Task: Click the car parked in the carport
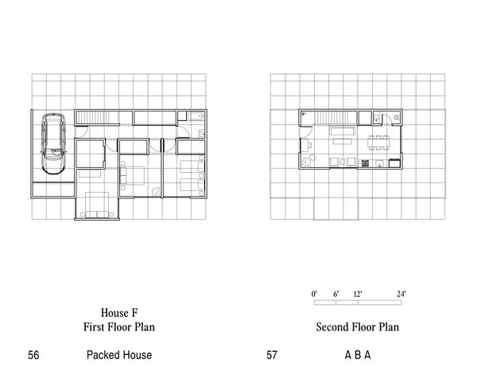point(53,143)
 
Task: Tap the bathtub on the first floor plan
point(196,116)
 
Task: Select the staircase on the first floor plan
point(97,117)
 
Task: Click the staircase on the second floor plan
point(335,118)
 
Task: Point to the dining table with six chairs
point(378,143)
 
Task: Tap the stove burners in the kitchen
point(365,163)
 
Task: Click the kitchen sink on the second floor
point(379,163)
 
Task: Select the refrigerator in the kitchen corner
point(394,163)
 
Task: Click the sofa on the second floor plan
point(342,131)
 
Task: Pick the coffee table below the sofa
point(343,142)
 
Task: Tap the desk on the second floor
point(304,145)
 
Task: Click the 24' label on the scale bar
point(401,294)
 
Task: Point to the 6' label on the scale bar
point(335,294)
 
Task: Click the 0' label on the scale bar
point(314,294)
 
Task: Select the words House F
point(119,313)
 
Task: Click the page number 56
point(33,355)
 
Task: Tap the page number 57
point(272,355)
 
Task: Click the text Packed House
point(119,355)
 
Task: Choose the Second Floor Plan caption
point(358,327)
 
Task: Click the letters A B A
point(358,355)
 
